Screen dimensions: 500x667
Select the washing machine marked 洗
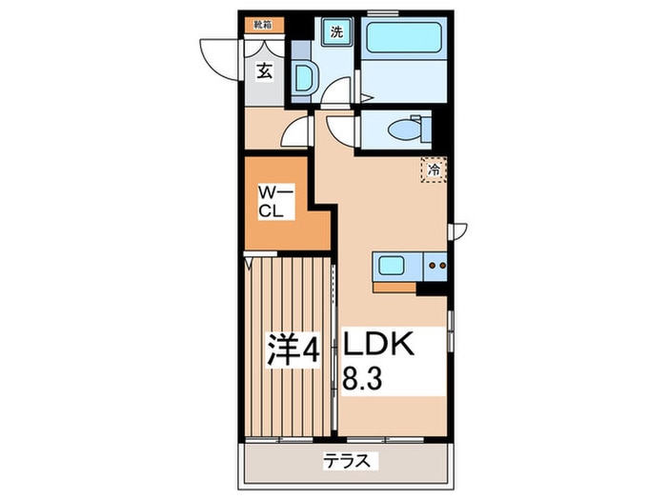point(335,32)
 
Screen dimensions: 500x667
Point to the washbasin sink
point(305,76)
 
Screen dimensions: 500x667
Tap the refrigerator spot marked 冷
point(434,170)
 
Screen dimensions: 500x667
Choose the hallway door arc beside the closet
point(296,133)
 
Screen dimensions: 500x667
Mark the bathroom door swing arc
point(333,91)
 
